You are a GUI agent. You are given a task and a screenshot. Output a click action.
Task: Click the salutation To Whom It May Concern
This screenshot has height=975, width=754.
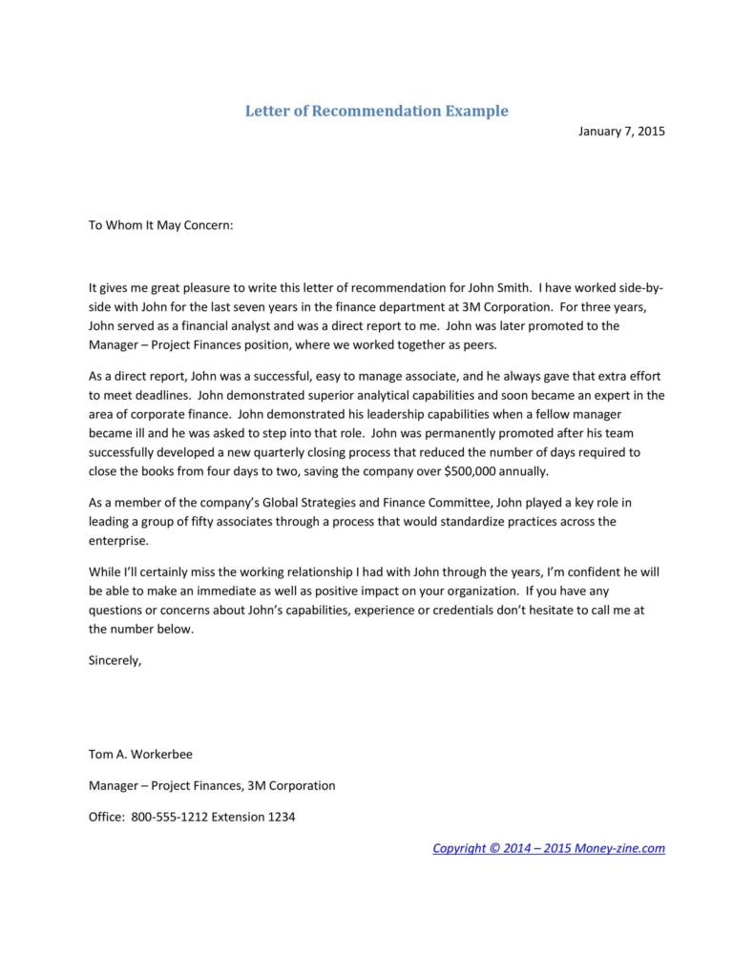pos(160,226)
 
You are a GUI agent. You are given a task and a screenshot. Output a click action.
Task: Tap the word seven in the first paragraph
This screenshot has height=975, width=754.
pos(259,307)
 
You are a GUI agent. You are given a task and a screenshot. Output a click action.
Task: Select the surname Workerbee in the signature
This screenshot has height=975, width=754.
pos(161,754)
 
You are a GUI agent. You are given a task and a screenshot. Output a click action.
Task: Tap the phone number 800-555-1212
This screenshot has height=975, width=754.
pos(169,818)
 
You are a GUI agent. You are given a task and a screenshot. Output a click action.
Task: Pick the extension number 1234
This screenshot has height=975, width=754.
pos(283,818)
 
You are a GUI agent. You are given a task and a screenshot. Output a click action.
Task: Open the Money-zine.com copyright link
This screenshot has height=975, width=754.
pos(548,848)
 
